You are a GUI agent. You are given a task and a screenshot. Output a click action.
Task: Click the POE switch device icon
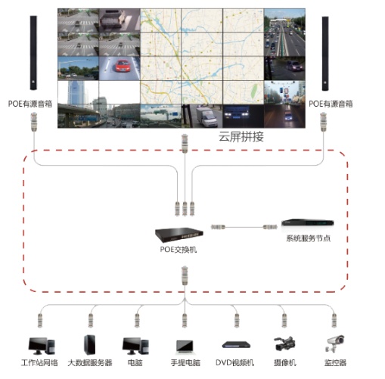pos(179,235)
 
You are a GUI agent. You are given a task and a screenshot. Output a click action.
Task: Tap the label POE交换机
pos(179,250)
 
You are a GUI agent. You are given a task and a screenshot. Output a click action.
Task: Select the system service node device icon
pos(308,223)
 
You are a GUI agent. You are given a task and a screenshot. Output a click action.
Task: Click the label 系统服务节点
pos(308,238)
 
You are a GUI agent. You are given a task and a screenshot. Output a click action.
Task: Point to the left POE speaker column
pos(33,53)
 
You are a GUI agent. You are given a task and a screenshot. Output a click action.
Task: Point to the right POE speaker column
pos(325,54)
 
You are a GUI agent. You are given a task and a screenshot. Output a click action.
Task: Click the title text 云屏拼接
pos(241,137)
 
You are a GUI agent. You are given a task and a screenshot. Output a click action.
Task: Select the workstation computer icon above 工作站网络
pos(42,346)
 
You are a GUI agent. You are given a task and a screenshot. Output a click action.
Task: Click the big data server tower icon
pos(90,345)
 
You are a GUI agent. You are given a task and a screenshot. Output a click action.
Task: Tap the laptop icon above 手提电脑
pos(185,346)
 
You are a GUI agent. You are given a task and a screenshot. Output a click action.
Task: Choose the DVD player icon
pos(236,345)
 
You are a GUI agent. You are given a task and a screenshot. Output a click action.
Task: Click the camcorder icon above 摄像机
pos(285,343)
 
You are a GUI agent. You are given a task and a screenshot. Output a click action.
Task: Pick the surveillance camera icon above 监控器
pos(334,343)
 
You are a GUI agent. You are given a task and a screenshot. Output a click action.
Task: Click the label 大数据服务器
pos(90,363)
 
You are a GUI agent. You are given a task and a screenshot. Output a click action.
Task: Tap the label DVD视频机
pos(234,363)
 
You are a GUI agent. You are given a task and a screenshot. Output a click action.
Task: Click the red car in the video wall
pos(123,66)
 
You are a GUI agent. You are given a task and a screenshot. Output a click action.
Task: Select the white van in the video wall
pos(206,116)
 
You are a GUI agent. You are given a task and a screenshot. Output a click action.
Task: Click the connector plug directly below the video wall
pos(185,144)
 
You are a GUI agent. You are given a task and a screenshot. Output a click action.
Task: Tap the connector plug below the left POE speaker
pos(34,122)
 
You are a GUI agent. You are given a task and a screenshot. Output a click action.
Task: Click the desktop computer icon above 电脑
pos(135,346)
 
